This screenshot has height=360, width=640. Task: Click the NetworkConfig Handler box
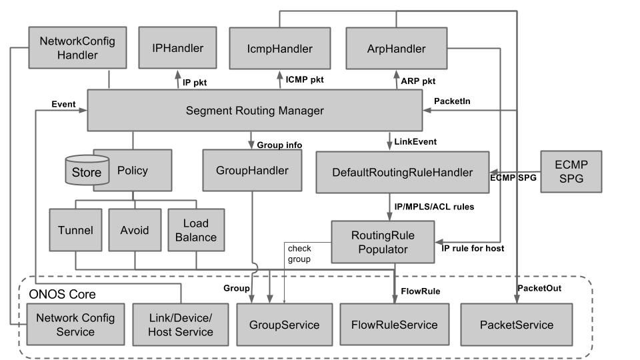[77, 48]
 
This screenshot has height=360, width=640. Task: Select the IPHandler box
[177, 48]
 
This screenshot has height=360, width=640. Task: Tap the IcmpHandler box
[279, 48]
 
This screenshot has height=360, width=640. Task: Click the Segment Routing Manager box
[255, 111]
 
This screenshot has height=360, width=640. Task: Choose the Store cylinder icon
[87, 171]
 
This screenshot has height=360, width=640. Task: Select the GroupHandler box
[252, 171]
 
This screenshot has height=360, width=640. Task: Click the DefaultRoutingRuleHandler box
[403, 173]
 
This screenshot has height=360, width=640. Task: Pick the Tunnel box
[75, 230]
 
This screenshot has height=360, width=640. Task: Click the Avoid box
[135, 230]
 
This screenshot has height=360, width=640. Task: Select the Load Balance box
[196, 230]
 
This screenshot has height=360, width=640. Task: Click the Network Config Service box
[75, 325]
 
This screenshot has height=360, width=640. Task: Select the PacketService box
[517, 325]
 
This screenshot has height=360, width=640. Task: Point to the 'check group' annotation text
[299, 254]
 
